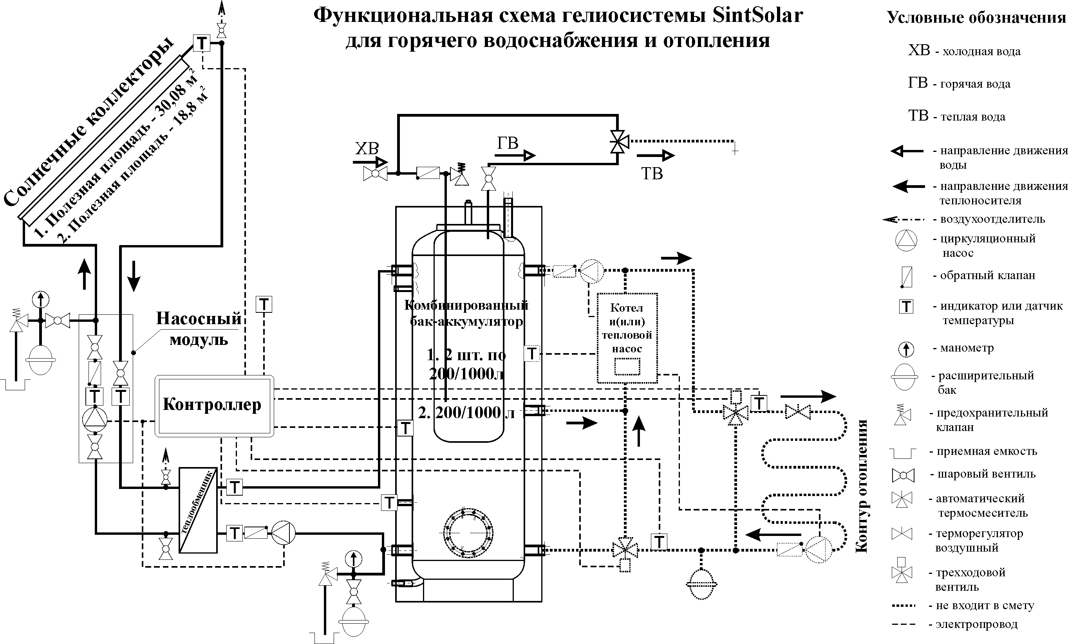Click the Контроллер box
tap(214, 406)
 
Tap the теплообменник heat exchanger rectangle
tap(198, 510)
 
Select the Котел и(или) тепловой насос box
tap(627, 338)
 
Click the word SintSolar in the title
tap(757, 16)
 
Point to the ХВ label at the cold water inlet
tap(367, 149)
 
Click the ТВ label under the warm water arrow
tap(652, 174)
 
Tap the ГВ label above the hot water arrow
tap(507, 143)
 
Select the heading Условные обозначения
tap(976, 17)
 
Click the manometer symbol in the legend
tap(906, 349)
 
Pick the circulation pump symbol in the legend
tap(906, 240)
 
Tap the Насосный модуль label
tap(199, 328)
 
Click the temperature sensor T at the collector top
tap(202, 43)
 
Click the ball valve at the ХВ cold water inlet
tap(375, 174)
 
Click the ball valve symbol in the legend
tap(903, 475)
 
